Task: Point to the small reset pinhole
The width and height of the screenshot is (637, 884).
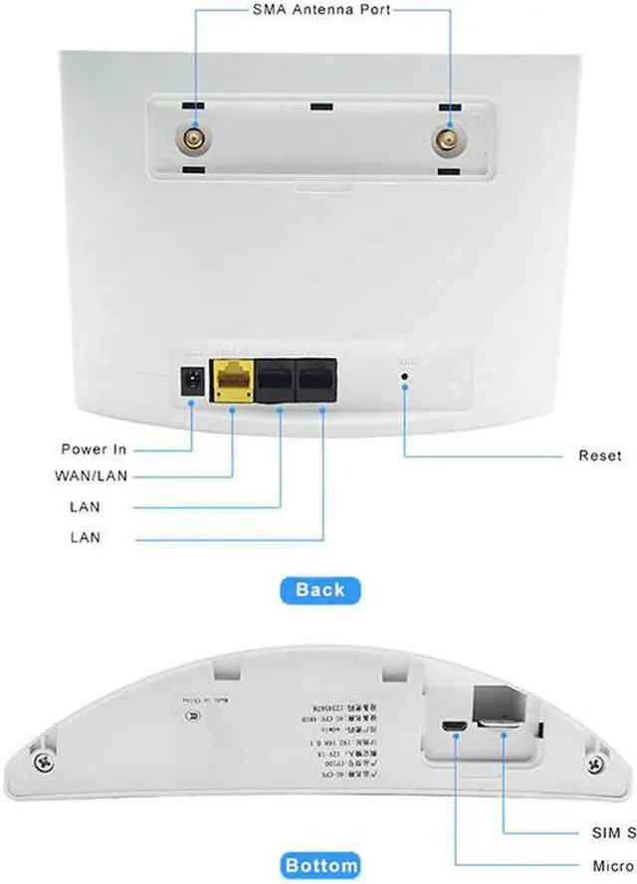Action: (404, 378)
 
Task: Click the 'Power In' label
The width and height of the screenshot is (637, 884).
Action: (94, 449)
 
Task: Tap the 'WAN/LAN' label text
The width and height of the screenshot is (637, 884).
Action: (92, 476)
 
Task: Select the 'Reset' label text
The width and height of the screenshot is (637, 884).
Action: (599, 456)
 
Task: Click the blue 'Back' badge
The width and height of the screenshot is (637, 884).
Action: (319, 589)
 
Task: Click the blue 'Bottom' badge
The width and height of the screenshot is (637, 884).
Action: (319, 865)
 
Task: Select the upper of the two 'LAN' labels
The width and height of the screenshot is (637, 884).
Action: (85, 507)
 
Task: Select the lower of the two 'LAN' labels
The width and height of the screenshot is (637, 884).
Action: (85, 538)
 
